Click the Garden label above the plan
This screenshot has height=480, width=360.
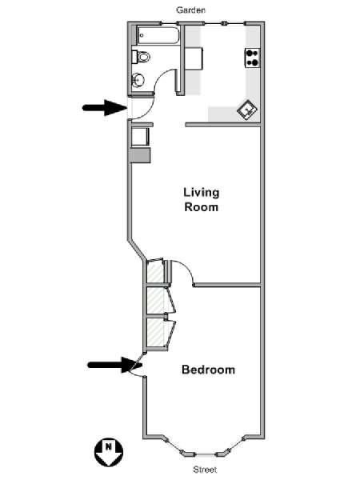[190, 10]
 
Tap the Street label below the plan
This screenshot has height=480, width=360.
[205, 470]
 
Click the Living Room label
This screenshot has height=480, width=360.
[202, 199]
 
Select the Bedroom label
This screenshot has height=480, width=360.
[209, 370]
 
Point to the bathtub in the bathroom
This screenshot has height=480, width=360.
[158, 35]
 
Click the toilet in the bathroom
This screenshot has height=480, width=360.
[141, 57]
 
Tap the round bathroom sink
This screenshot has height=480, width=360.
[138, 81]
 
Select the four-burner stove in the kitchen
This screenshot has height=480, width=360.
[252, 58]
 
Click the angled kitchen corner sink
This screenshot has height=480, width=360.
[248, 110]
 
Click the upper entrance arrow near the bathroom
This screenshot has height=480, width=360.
[105, 108]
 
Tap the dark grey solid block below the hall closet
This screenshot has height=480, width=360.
[140, 155]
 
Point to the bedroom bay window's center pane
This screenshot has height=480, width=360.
[205, 455]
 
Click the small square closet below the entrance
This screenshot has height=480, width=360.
[140, 136]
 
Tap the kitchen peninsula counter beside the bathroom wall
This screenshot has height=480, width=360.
[194, 58]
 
